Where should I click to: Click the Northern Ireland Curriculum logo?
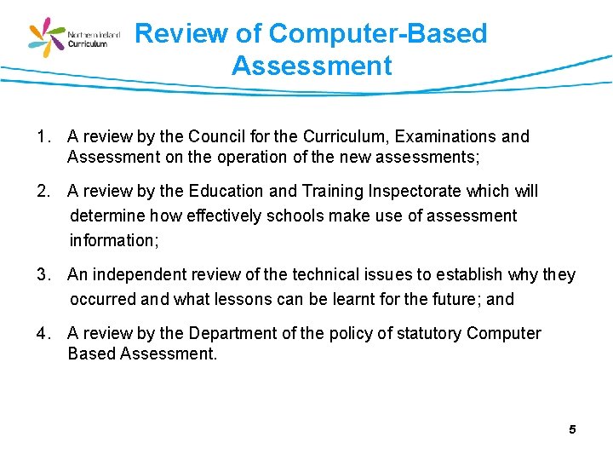[x=75, y=37]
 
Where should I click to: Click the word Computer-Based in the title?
[x=377, y=34]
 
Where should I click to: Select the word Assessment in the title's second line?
[x=312, y=66]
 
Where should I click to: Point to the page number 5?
[x=572, y=429]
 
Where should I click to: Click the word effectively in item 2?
[x=223, y=216]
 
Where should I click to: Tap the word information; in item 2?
[x=114, y=240]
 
